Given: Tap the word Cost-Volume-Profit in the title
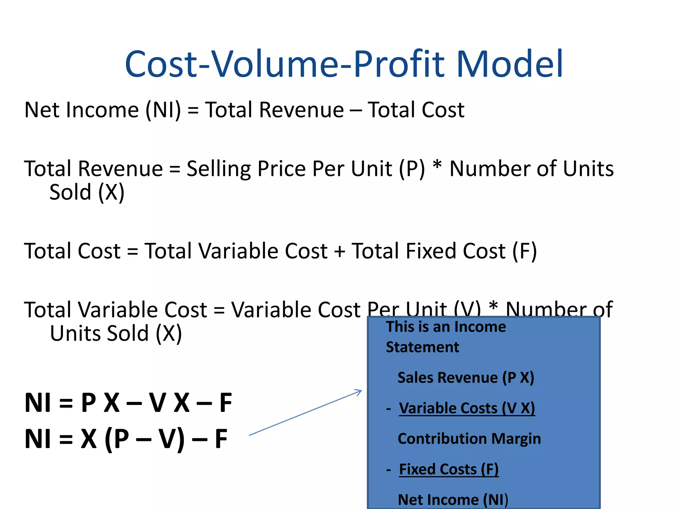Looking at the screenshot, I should [285, 64].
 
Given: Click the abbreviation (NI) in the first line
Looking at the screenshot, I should [163, 110].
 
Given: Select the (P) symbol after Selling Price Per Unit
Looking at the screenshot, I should [411, 169].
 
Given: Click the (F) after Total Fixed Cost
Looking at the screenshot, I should [524, 251].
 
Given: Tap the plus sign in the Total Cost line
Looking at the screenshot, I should [339, 252].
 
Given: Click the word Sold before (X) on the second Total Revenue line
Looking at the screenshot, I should [70, 192].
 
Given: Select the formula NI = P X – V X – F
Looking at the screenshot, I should [128, 403].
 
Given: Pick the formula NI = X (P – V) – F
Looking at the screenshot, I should [126, 439].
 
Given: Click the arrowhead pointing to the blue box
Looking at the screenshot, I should [358, 392].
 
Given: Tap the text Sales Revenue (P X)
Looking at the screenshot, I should [465, 378].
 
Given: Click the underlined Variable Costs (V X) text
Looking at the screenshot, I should [467, 408].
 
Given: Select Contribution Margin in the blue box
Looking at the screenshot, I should [469, 439].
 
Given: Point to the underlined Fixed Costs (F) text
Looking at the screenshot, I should [449, 469].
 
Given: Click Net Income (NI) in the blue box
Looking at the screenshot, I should [453, 499].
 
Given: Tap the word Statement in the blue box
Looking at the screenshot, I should [422, 347].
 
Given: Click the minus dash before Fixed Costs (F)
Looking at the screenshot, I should [389, 470].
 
